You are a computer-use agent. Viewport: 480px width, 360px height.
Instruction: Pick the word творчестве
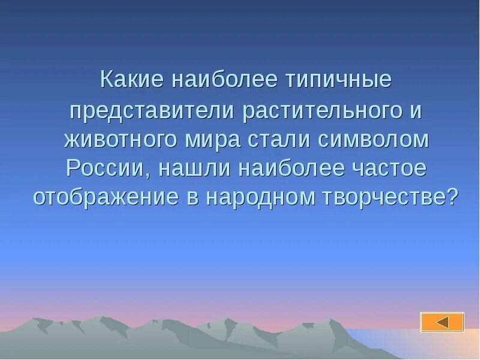(379, 198)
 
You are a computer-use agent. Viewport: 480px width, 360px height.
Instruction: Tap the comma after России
(148, 174)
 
